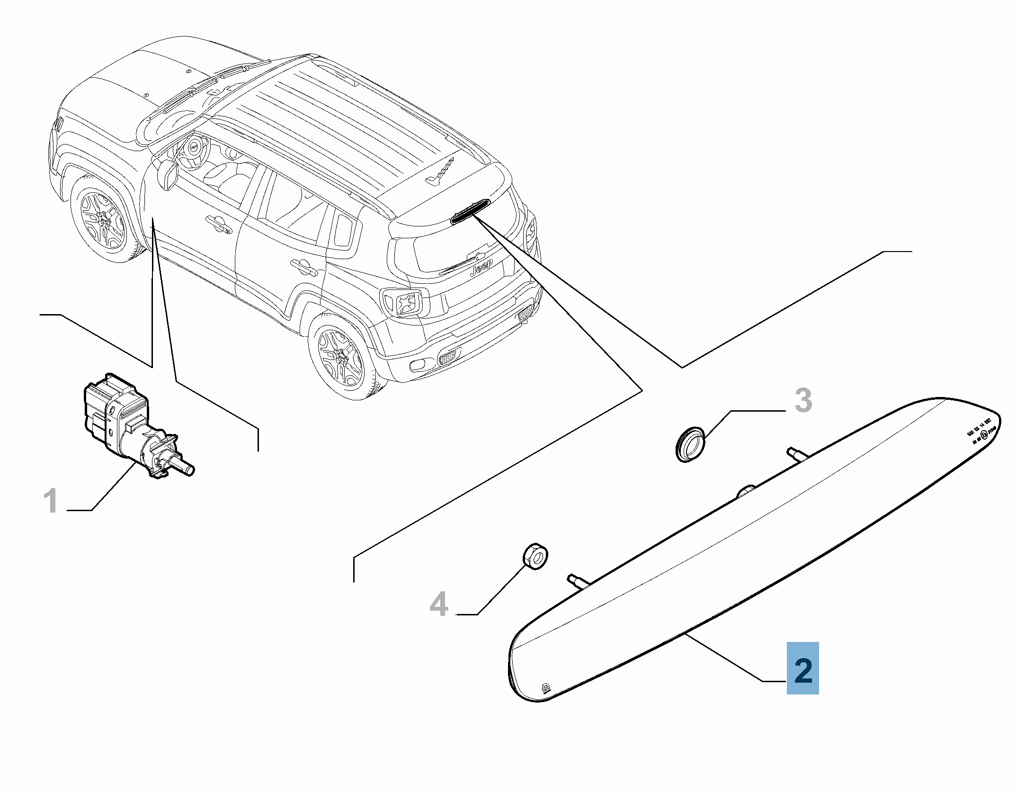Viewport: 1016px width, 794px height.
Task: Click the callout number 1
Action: (50, 502)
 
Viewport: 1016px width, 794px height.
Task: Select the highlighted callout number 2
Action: (802, 669)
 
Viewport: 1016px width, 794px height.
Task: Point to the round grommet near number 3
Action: (689, 443)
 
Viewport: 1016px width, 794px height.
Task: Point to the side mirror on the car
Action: (169, 175)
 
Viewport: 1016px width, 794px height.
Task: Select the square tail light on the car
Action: (402, 301)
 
